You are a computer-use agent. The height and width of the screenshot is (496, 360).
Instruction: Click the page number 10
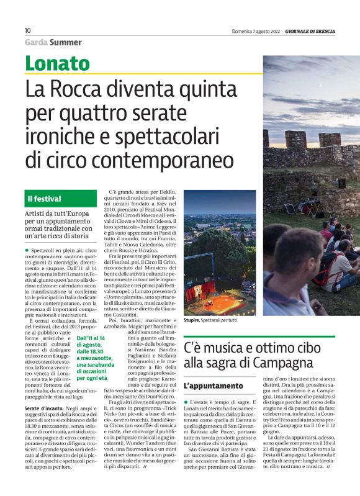(27, 30)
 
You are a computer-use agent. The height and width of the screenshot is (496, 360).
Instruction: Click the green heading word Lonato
(57, 63)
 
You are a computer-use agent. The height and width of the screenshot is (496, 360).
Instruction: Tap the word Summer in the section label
(65, 42)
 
